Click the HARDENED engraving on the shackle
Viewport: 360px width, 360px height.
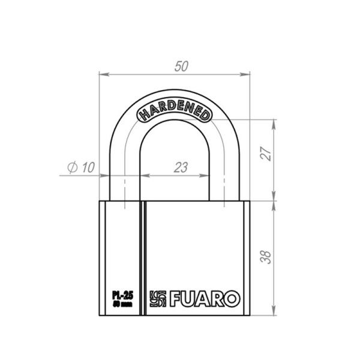click(x=174, y=112)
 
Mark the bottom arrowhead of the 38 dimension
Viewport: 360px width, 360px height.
click(x=274, y=314)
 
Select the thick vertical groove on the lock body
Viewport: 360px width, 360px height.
click(x=143, y=258)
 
